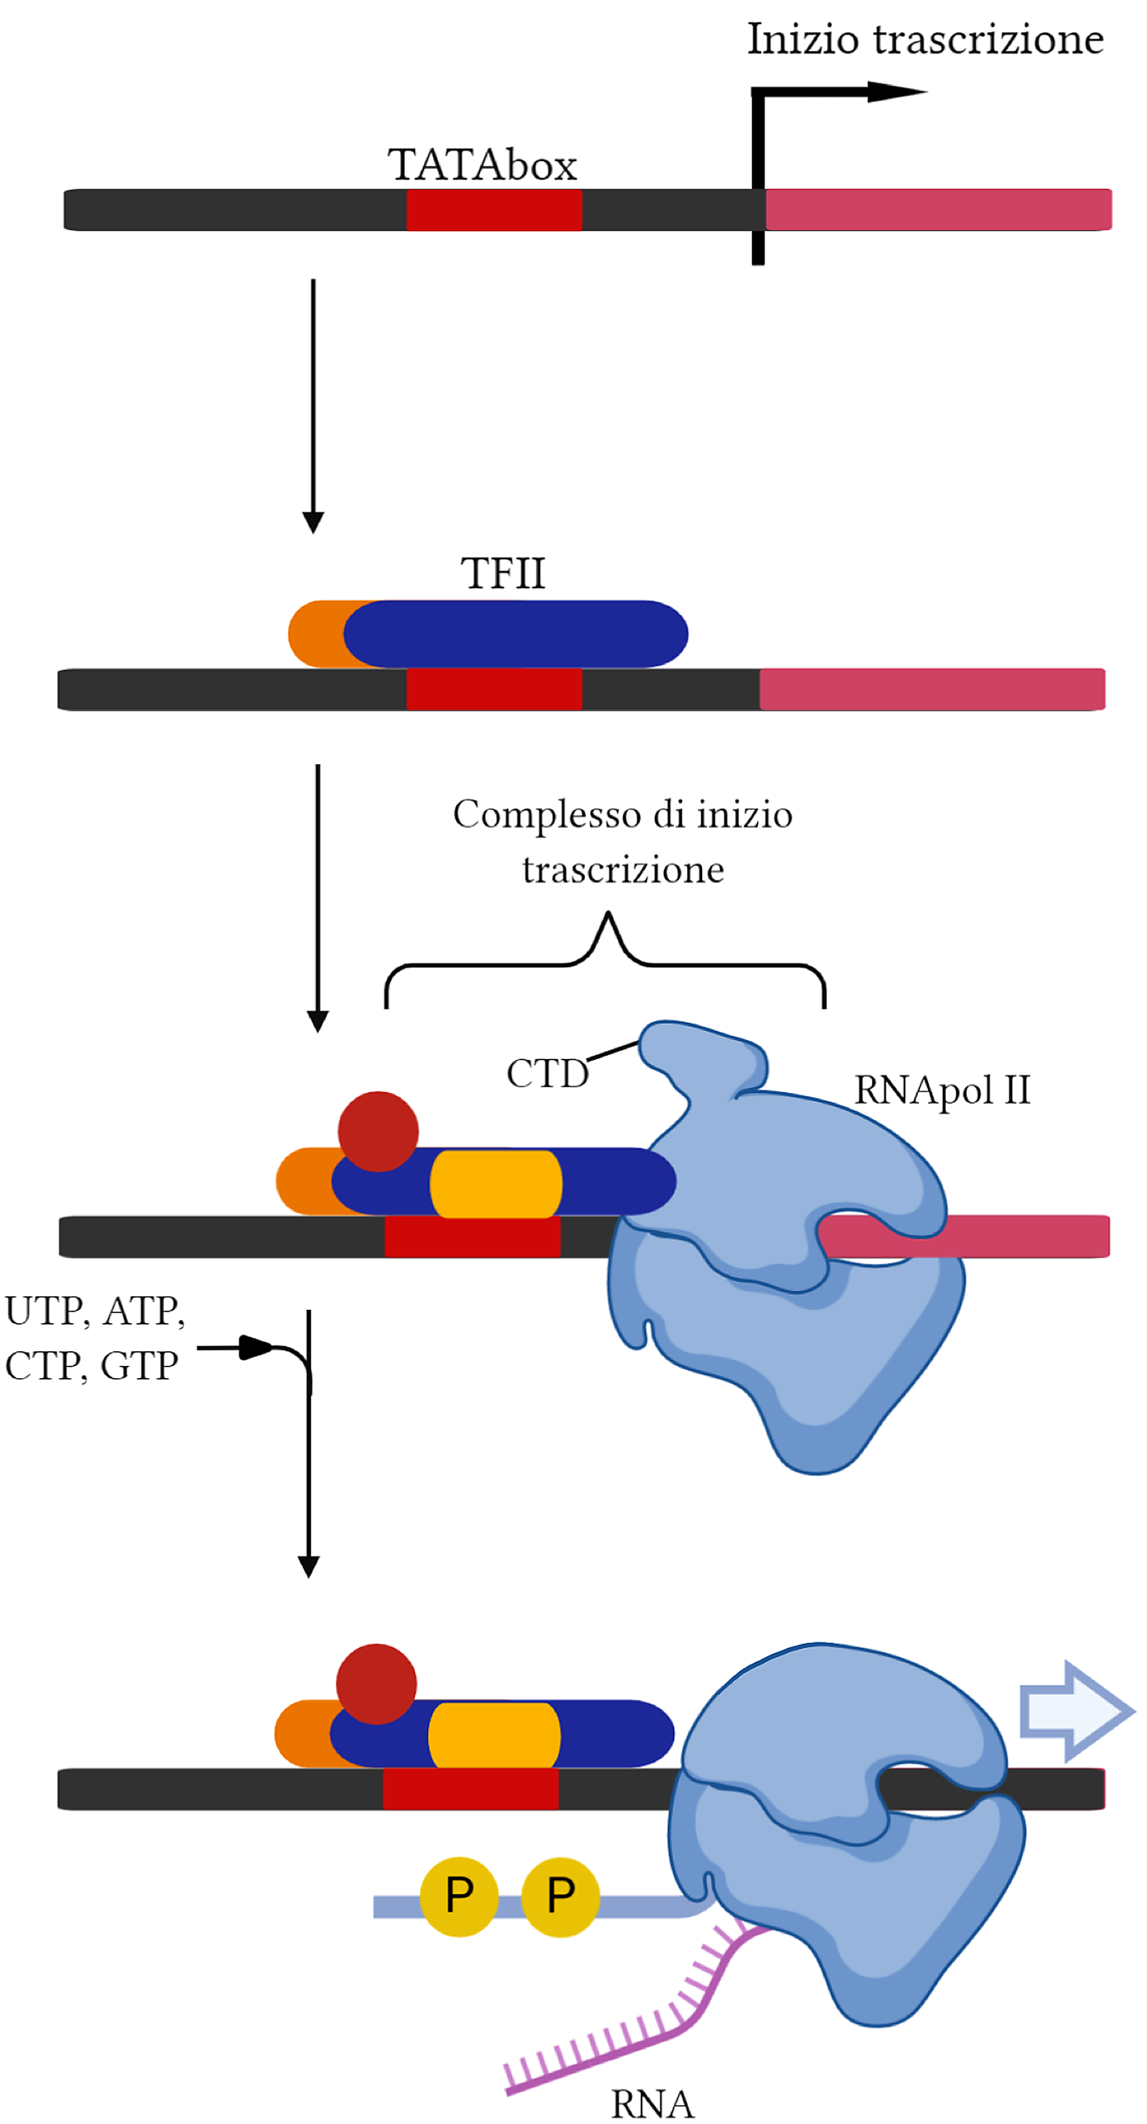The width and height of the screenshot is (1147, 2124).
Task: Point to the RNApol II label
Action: click(x=942, y=1090)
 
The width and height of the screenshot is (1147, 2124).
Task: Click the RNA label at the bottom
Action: click(x=651, y=2103)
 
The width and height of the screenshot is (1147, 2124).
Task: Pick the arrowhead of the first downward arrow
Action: click(x=313, y=522)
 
